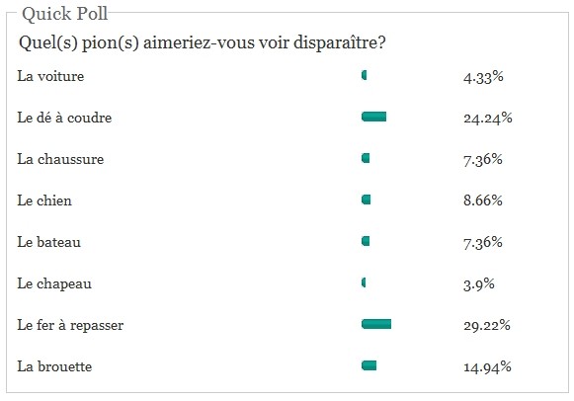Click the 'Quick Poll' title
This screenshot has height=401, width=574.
[x=65, y=14]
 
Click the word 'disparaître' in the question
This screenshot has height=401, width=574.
[x=339, y=42]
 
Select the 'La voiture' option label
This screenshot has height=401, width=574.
[x=50, y=76]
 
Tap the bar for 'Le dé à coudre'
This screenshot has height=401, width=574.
[x=373, y=117]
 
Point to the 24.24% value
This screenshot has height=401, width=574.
[x=488, y=118]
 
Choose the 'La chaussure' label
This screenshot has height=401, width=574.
[x=60, y=159]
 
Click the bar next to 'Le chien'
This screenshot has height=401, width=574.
[x=367, y=200]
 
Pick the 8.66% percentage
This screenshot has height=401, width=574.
[x=483, y=200]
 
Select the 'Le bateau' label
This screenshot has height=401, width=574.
[x=49, y=242]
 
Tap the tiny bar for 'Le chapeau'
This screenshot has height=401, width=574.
[x=364, y=282]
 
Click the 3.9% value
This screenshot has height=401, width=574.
[x=479, y=283]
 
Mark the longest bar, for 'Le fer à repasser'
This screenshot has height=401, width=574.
[x=376, y=324]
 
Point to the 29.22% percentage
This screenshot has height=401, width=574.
[x=487, y=325]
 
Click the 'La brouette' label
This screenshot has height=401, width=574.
[x=54, y=366]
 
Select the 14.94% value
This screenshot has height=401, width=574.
[x=487, y=367]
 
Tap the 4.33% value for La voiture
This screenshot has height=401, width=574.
[x=483, y=77]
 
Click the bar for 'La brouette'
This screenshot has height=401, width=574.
[x=369, y=365]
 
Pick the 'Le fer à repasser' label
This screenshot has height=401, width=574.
[x=70, y=325]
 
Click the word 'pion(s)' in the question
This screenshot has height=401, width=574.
[x=111, y=42]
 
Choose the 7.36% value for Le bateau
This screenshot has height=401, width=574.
[x=483, y=242]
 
